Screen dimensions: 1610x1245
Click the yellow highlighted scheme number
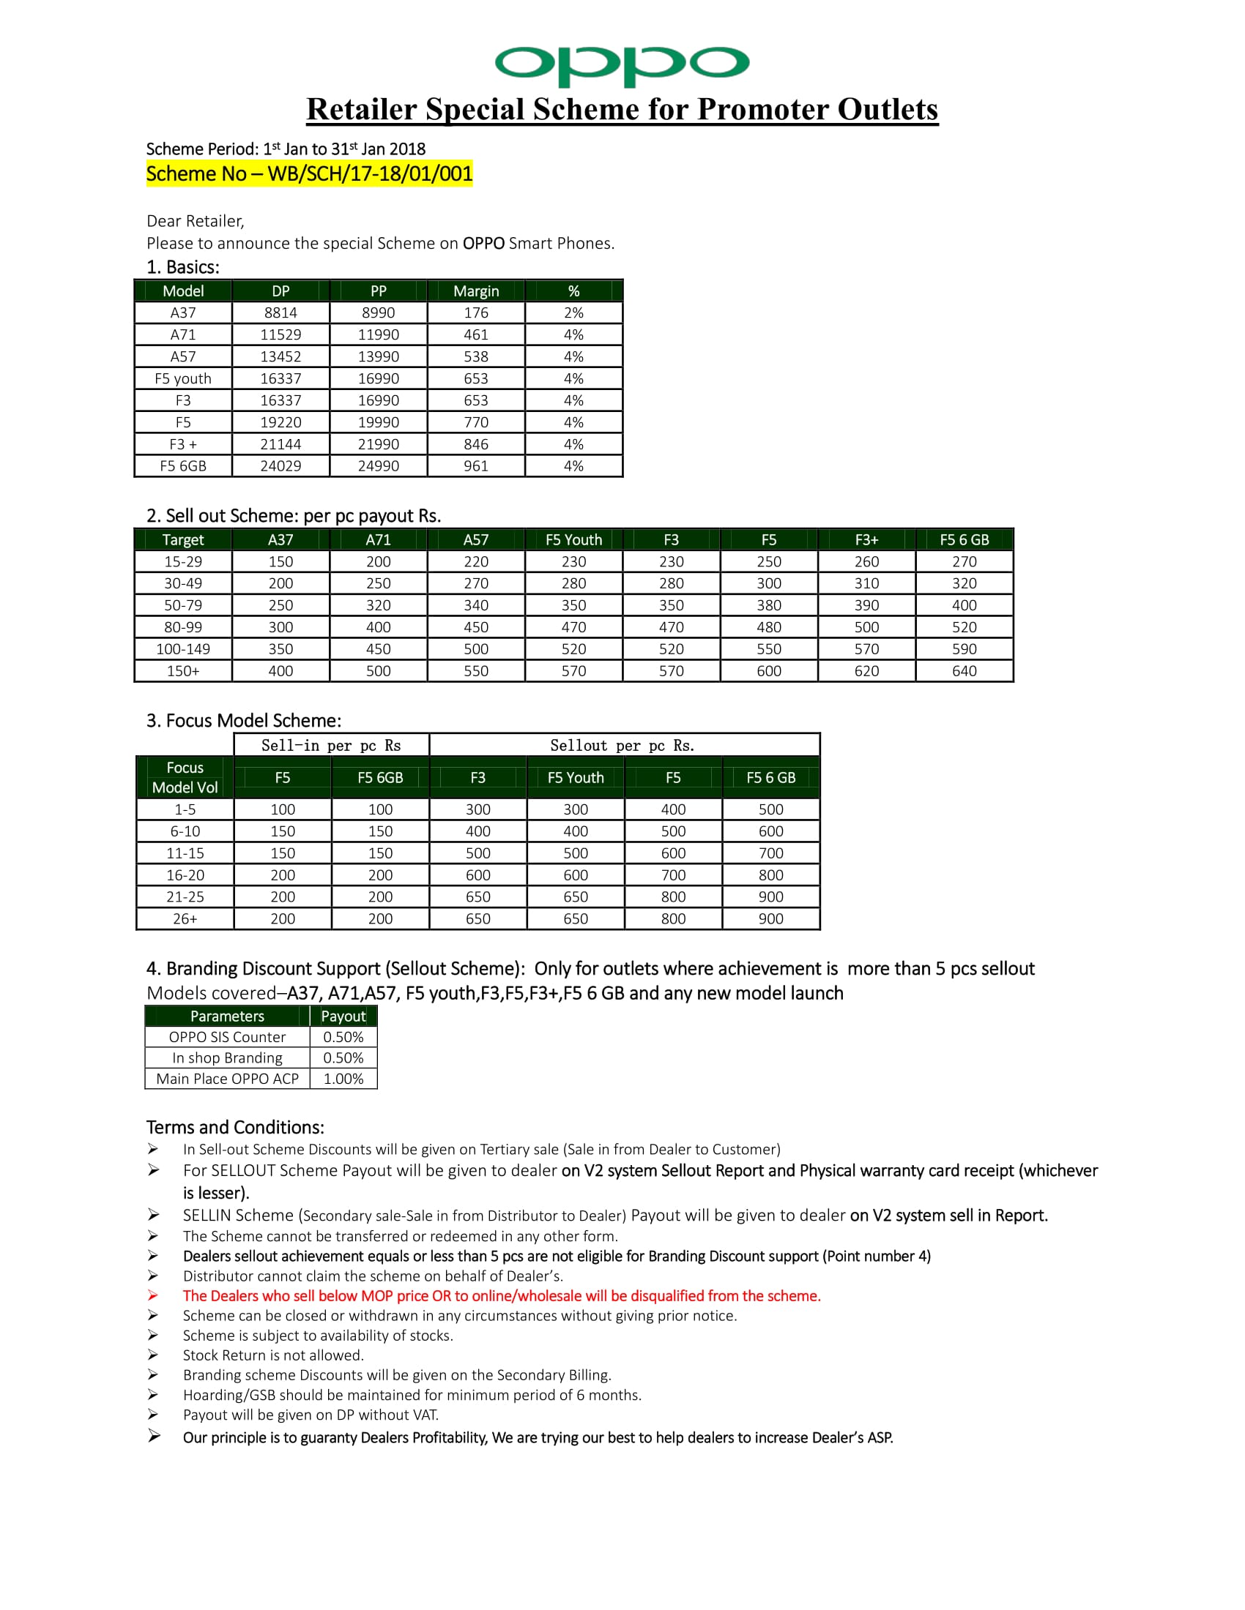(309, 174)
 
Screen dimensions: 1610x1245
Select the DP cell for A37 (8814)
(280, 312)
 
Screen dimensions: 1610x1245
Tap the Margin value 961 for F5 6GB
(476, 466)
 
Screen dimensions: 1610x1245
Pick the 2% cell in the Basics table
(573, 312)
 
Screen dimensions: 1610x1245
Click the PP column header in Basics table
(379, 291)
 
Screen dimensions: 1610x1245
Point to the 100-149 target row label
(183, 648)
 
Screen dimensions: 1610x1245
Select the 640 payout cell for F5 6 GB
(964, 671)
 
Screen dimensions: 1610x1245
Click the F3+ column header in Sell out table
(866, 539)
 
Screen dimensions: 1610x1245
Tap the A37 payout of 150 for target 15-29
(280, 562)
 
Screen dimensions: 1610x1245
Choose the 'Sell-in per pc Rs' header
(331, 745)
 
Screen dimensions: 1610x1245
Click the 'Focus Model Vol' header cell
(185, 778)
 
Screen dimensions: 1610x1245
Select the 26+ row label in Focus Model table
(185, 918)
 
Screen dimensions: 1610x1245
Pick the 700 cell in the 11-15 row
(770, 853)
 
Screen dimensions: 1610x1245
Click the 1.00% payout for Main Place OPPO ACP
(343, 1079)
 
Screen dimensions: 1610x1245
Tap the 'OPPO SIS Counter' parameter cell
(227, 1037)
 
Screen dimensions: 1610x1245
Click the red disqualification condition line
(502, 1296)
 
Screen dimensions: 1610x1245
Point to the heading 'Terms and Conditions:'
(235, 1127)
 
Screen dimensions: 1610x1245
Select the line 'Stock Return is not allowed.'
(274, 1355)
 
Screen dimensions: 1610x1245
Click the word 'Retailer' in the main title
(362, 109)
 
